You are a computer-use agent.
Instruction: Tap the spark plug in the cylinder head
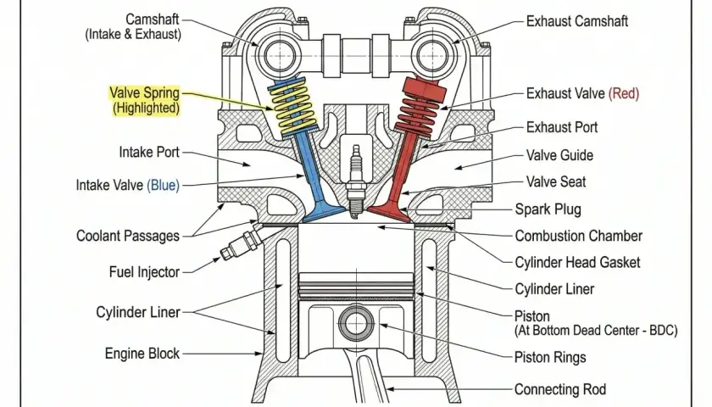pyautogui.click(x=357, y=181)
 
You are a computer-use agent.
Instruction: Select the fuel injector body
pyautogui.click(x=242, y=244)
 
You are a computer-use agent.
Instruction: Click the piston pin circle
pyautogui.click(x=357, y=323)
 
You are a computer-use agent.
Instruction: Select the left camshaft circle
pyautogui.click(x=279, y=57)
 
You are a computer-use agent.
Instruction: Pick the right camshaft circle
pyautogui.click(x=432, y=57)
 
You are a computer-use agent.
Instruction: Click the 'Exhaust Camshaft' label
pyautogui.click(x=576, y=21)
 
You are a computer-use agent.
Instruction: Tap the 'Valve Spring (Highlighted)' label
pyautogui.click(x=145, y=100)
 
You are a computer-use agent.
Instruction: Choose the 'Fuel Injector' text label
pyautogui.click(x=144, y=271)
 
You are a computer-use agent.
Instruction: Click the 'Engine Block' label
pyautogui.click(x=142, y=354)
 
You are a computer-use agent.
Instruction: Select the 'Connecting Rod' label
pyautogui.click(x=560, y=389)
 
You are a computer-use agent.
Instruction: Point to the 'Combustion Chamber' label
pyautogui.click(x=578, y=236)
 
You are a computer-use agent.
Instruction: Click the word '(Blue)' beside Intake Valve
pyautogui.click(x=163, y=186)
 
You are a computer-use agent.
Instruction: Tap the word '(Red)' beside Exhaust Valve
pyautogui.click(x=624, y=93)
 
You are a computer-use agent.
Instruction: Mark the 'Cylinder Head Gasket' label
pyautogui.click(x=577, y=262)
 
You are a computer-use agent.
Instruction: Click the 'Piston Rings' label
pyautogui.click(x=550, y=358)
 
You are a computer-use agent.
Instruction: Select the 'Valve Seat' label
pyautogui.click(x=556, y=181)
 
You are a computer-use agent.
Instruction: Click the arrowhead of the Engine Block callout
pyautogui.click(x=259, y=354)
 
